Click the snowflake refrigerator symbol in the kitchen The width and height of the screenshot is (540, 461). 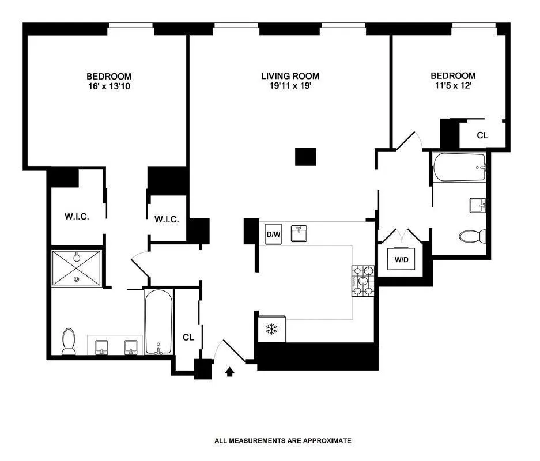coord(271,330)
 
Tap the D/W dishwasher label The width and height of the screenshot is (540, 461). coord(272,235)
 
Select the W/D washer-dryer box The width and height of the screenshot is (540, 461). coord(402,259)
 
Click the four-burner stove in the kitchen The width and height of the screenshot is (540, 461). coord(362,281)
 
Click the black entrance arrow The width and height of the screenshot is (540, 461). coord(230,372)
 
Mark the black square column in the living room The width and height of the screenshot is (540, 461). coord(305,157)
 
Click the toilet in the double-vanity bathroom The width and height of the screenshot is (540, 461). coord(69,341)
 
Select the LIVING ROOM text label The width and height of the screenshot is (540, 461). coord(290,76)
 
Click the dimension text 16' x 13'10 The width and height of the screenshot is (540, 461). coord(109,86)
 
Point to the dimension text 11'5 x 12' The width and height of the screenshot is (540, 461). coord(453,86)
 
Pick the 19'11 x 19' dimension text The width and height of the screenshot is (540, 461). coord(290,86)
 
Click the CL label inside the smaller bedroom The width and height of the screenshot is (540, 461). coord(482,135)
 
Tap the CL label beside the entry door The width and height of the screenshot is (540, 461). coord(187,337)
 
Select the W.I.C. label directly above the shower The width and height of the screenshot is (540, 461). coord(76,217)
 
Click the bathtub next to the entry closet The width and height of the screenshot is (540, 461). coord(158,322)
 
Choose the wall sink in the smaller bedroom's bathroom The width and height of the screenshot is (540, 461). coord(478,205)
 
